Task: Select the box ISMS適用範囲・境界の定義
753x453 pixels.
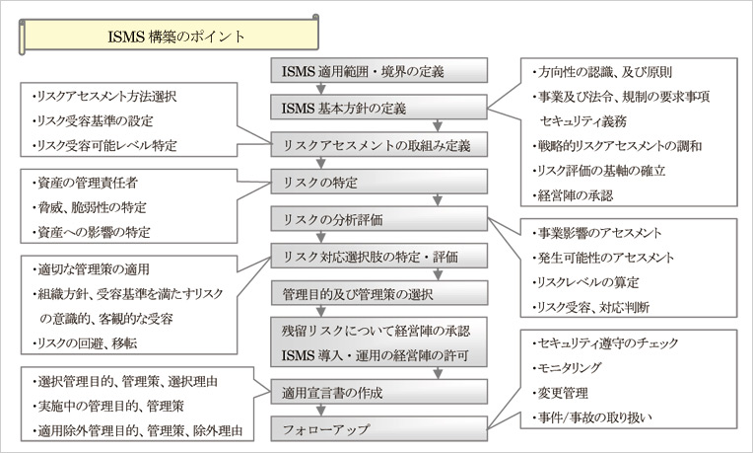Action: (x=379, y=71)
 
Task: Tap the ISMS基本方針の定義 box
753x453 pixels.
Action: (x=379, y=108)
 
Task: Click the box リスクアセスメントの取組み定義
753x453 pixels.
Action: (x=379, y=145)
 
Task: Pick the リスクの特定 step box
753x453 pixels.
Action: (x=379, y=183)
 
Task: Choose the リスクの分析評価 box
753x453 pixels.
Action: (x=379, y=220)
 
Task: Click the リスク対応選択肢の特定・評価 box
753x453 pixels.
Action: (x=379, y=258)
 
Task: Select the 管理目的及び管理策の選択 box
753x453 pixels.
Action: (x=379, y=293)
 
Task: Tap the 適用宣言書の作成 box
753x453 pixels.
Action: (x=379, y=392)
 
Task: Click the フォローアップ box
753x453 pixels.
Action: (x=379, y=429)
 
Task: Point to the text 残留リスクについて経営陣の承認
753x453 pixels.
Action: (x=379, y=332)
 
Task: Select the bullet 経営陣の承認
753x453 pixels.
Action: (x=574, y=194)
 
